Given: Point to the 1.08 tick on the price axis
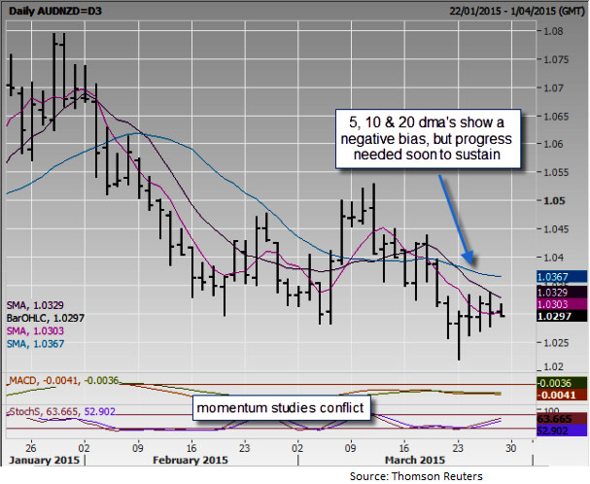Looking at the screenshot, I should click(553, 31).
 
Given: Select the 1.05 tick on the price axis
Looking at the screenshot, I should click(553, 201).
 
